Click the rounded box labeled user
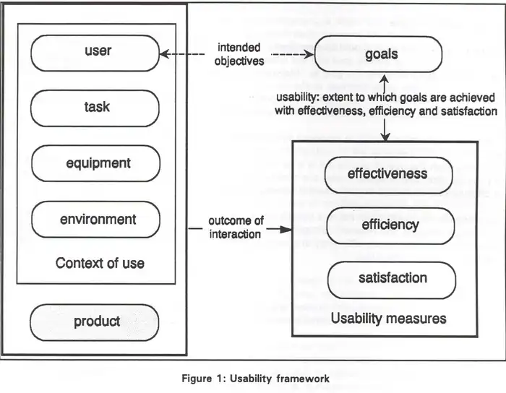[95, 53]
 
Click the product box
[95, 322]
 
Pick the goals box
[380, 54]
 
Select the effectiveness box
[387, 174]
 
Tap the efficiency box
[391, 225]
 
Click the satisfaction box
[392, 278]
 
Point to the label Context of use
[100, 263]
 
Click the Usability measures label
[388, 318]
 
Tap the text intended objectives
[239, 54]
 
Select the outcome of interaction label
[236, 227]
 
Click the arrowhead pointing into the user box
[164, 54]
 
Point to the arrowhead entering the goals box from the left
[310, 54]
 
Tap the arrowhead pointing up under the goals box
[386, 78]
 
